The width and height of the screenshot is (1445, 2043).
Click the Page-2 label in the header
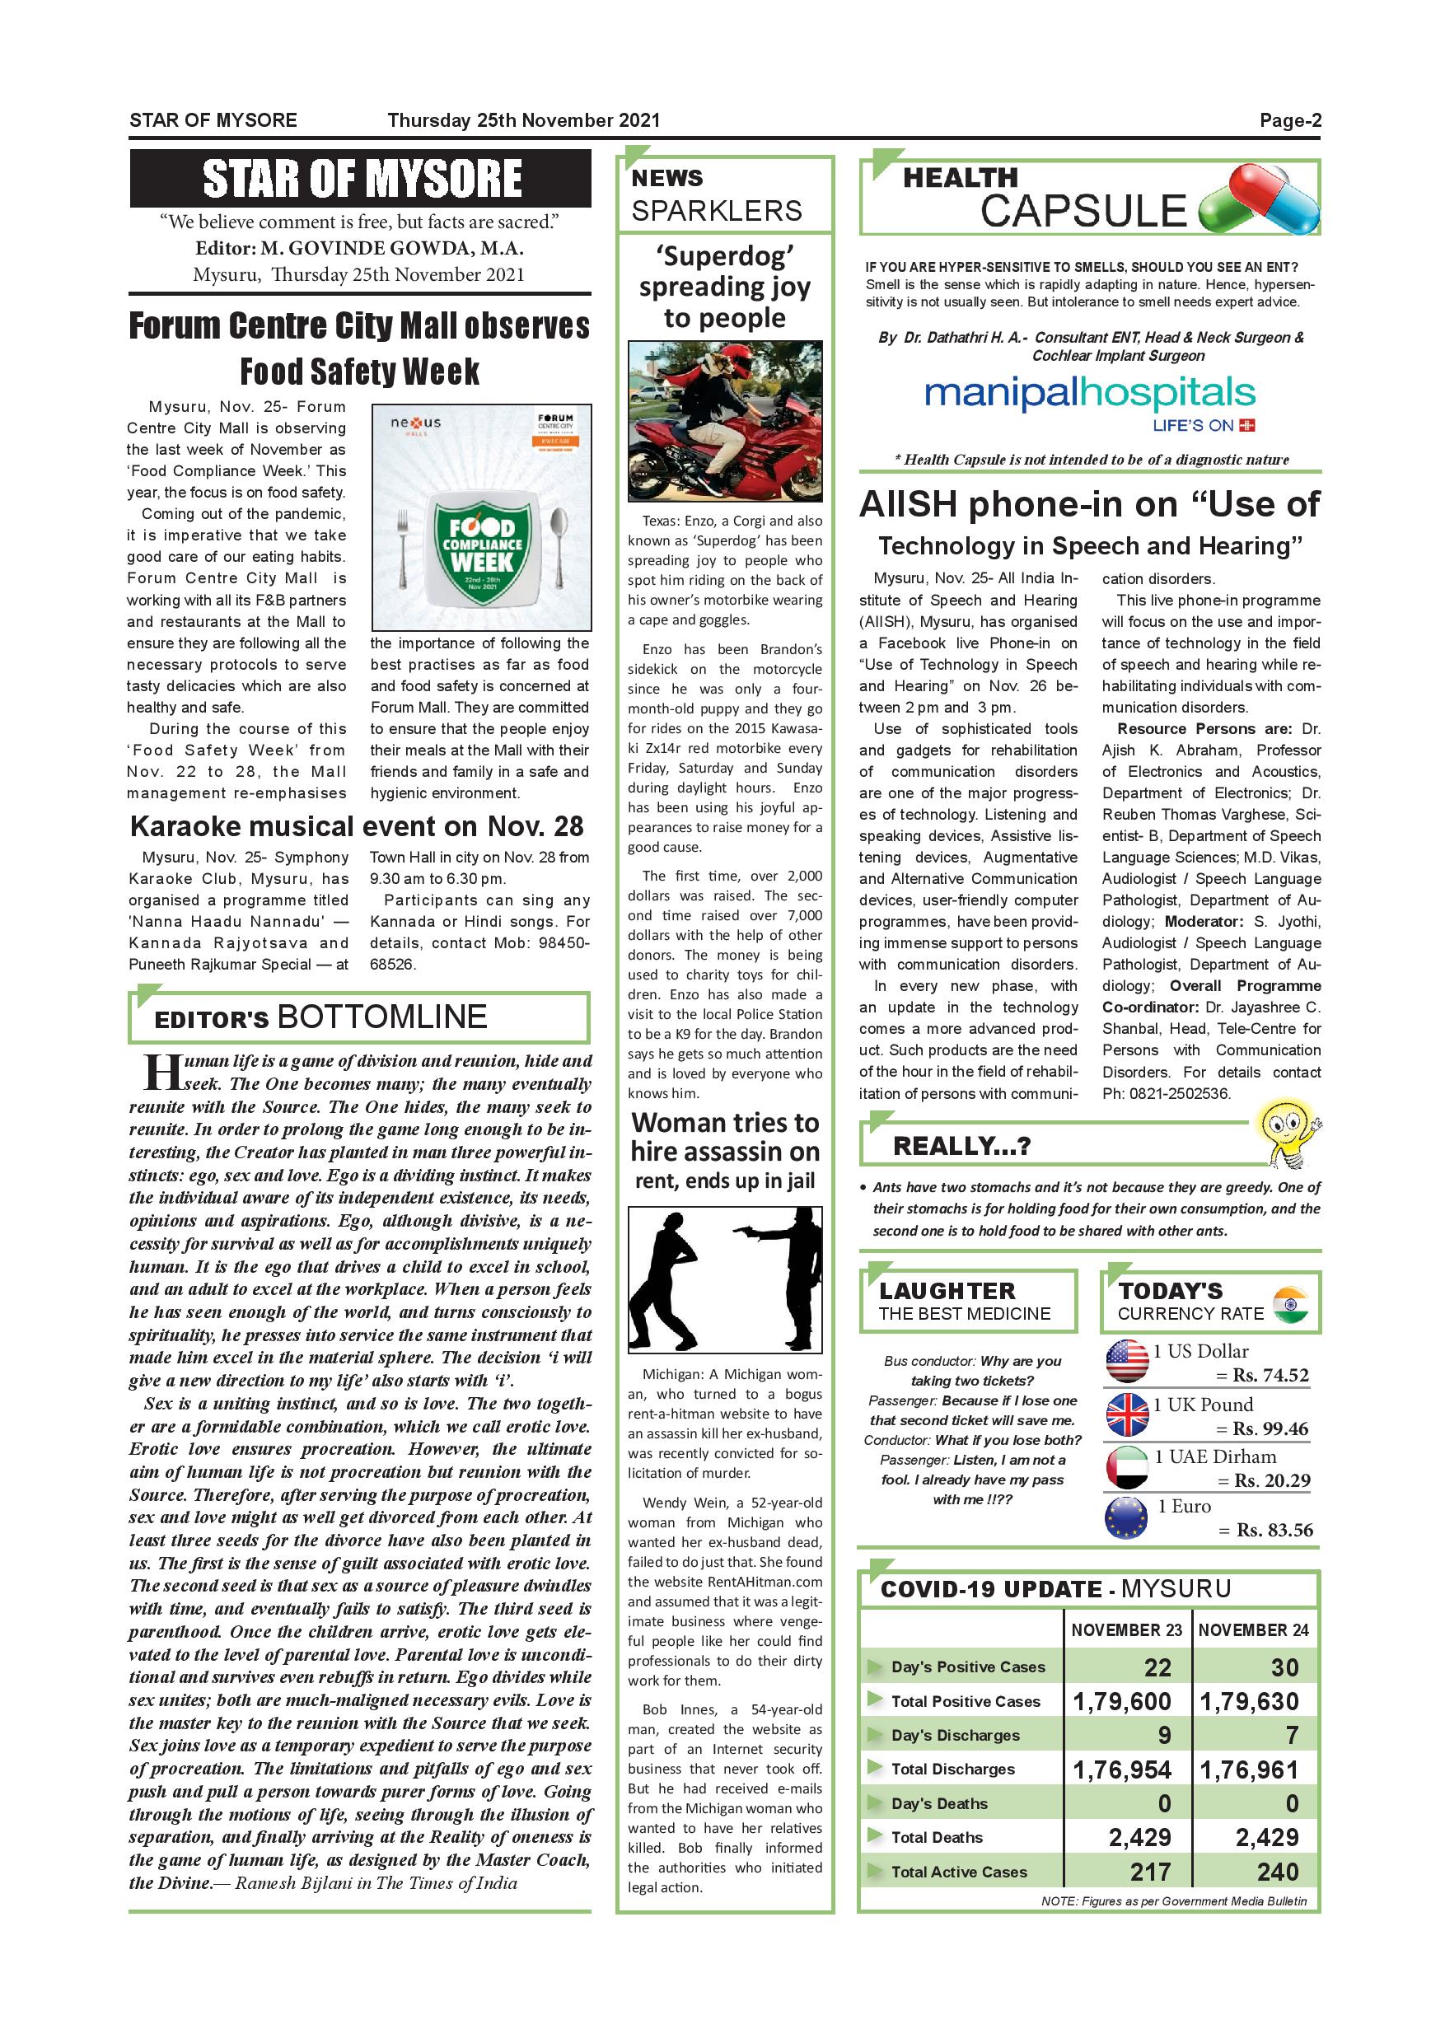1289,121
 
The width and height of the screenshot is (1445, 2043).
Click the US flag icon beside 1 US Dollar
1126,1361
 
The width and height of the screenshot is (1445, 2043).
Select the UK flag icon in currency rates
1126,1414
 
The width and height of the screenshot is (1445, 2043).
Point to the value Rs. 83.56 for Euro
1274,1530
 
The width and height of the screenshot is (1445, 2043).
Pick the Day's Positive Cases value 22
1157,1667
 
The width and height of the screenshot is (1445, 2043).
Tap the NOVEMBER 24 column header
1253,1630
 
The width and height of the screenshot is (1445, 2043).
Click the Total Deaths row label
936,1837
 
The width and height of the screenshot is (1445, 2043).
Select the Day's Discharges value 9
1164,1735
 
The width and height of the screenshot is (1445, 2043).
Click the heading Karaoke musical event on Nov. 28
357,826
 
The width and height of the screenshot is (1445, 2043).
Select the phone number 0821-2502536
1180,1093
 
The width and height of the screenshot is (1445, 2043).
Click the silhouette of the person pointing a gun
792,1279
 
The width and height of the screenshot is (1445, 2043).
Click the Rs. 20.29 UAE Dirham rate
1271,1480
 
